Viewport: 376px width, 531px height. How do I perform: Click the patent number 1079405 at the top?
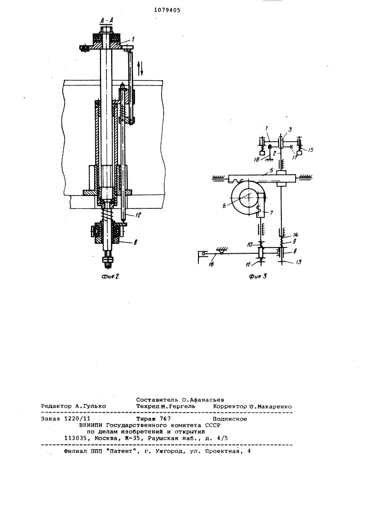(x=167, y=10)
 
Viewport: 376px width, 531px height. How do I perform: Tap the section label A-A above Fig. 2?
(x=107, y=21)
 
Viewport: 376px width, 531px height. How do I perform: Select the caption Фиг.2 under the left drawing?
(x=110, y=276)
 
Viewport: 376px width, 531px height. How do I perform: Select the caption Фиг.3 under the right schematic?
(x=257, y=276)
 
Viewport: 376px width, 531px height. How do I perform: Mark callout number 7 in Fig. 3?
(x=271, y=213)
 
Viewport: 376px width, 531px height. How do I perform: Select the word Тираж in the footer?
(x=145, y=419)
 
